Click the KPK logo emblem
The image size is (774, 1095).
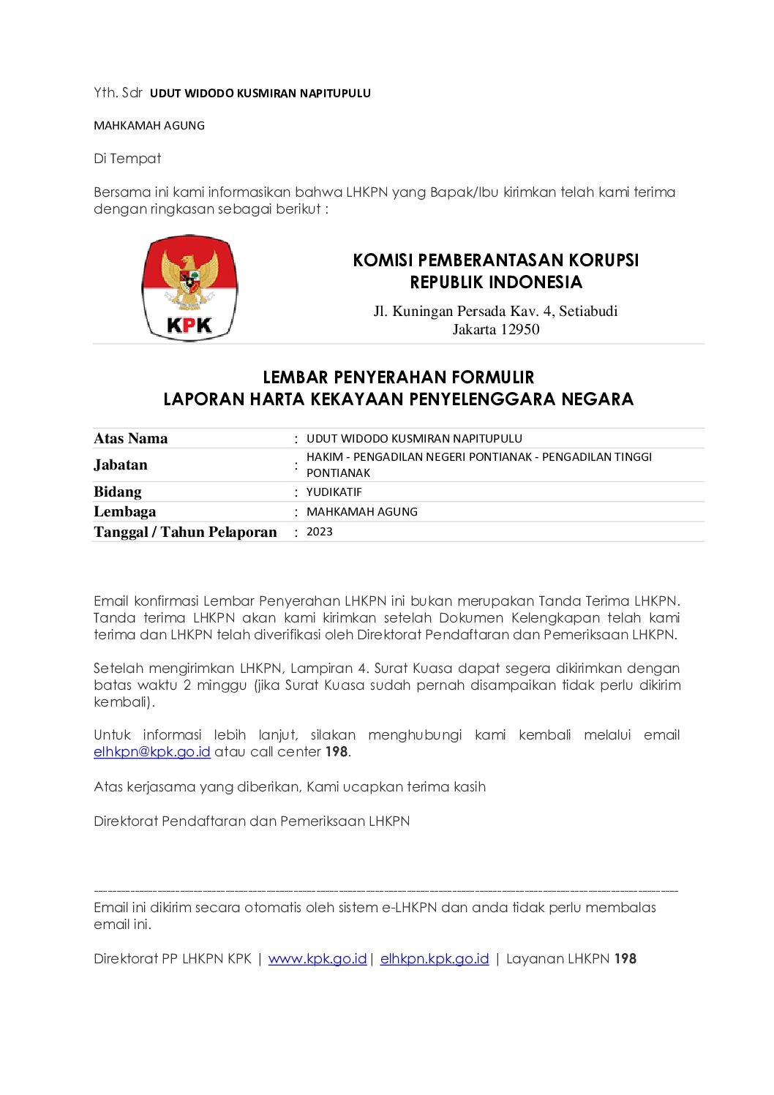(x=189, y=288)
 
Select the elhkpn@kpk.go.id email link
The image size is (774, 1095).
(x=152, y=752)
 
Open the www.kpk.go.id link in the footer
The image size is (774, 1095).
(x=318, y=959)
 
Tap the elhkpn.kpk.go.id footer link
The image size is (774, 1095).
(x=435, y=959)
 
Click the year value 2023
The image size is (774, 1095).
(x=320, y=532)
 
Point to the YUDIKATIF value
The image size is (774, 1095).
(x=334, y=492)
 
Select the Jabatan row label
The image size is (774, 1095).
(x=121, y=465)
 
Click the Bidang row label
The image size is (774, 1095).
(x=118, y=492)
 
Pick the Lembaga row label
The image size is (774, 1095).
(x=125, y=512)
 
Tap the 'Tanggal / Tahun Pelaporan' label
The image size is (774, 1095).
(x=185, y=533)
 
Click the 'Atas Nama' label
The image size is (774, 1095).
(x=131, y=439)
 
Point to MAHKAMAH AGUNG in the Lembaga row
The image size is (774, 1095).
(x=362, y=512)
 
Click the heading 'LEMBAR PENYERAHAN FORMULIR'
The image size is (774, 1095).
(x=399, y=377)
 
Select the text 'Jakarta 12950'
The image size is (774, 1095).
(x=496, y=330)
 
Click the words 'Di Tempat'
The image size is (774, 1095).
(x=127, y=159)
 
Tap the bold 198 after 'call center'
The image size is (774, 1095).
(x=337, y=752)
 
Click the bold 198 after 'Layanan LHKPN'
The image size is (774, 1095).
(x=625, y=959)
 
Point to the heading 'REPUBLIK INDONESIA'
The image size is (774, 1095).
(x=496, y=282)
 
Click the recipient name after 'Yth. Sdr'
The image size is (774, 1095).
(x=260, y=94)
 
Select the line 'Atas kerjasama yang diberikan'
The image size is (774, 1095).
(x=290, y=787)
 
